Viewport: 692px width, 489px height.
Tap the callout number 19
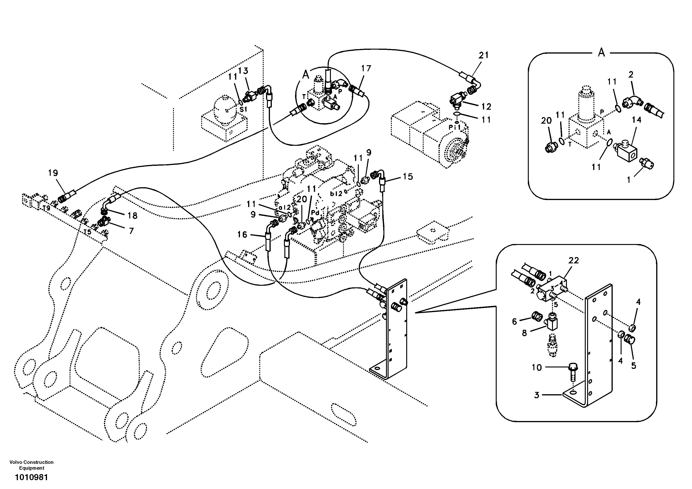tap(53, 173)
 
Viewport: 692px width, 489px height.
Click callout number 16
tap(242, 234)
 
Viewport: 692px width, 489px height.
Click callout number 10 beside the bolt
tap(536, 367)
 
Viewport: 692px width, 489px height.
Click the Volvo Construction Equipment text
tap(31, 465)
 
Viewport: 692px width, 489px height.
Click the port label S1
tap(243, 109)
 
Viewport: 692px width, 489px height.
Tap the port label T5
tap(87, 232)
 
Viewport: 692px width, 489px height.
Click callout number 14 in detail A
tap(637, 120)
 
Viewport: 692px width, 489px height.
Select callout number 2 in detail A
tap(631, 74)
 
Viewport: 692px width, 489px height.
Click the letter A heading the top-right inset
tap(601, 53)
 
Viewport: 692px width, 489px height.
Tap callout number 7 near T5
tap(131, 231)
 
